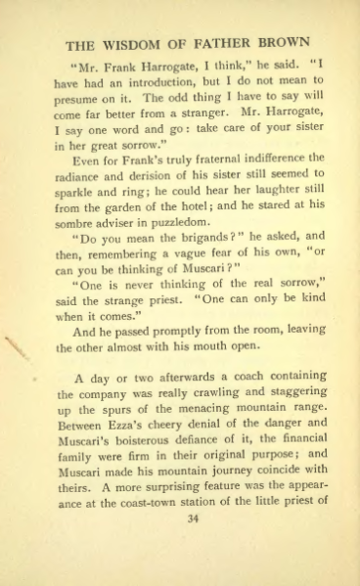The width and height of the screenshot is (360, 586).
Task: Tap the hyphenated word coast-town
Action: (139, 504)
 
